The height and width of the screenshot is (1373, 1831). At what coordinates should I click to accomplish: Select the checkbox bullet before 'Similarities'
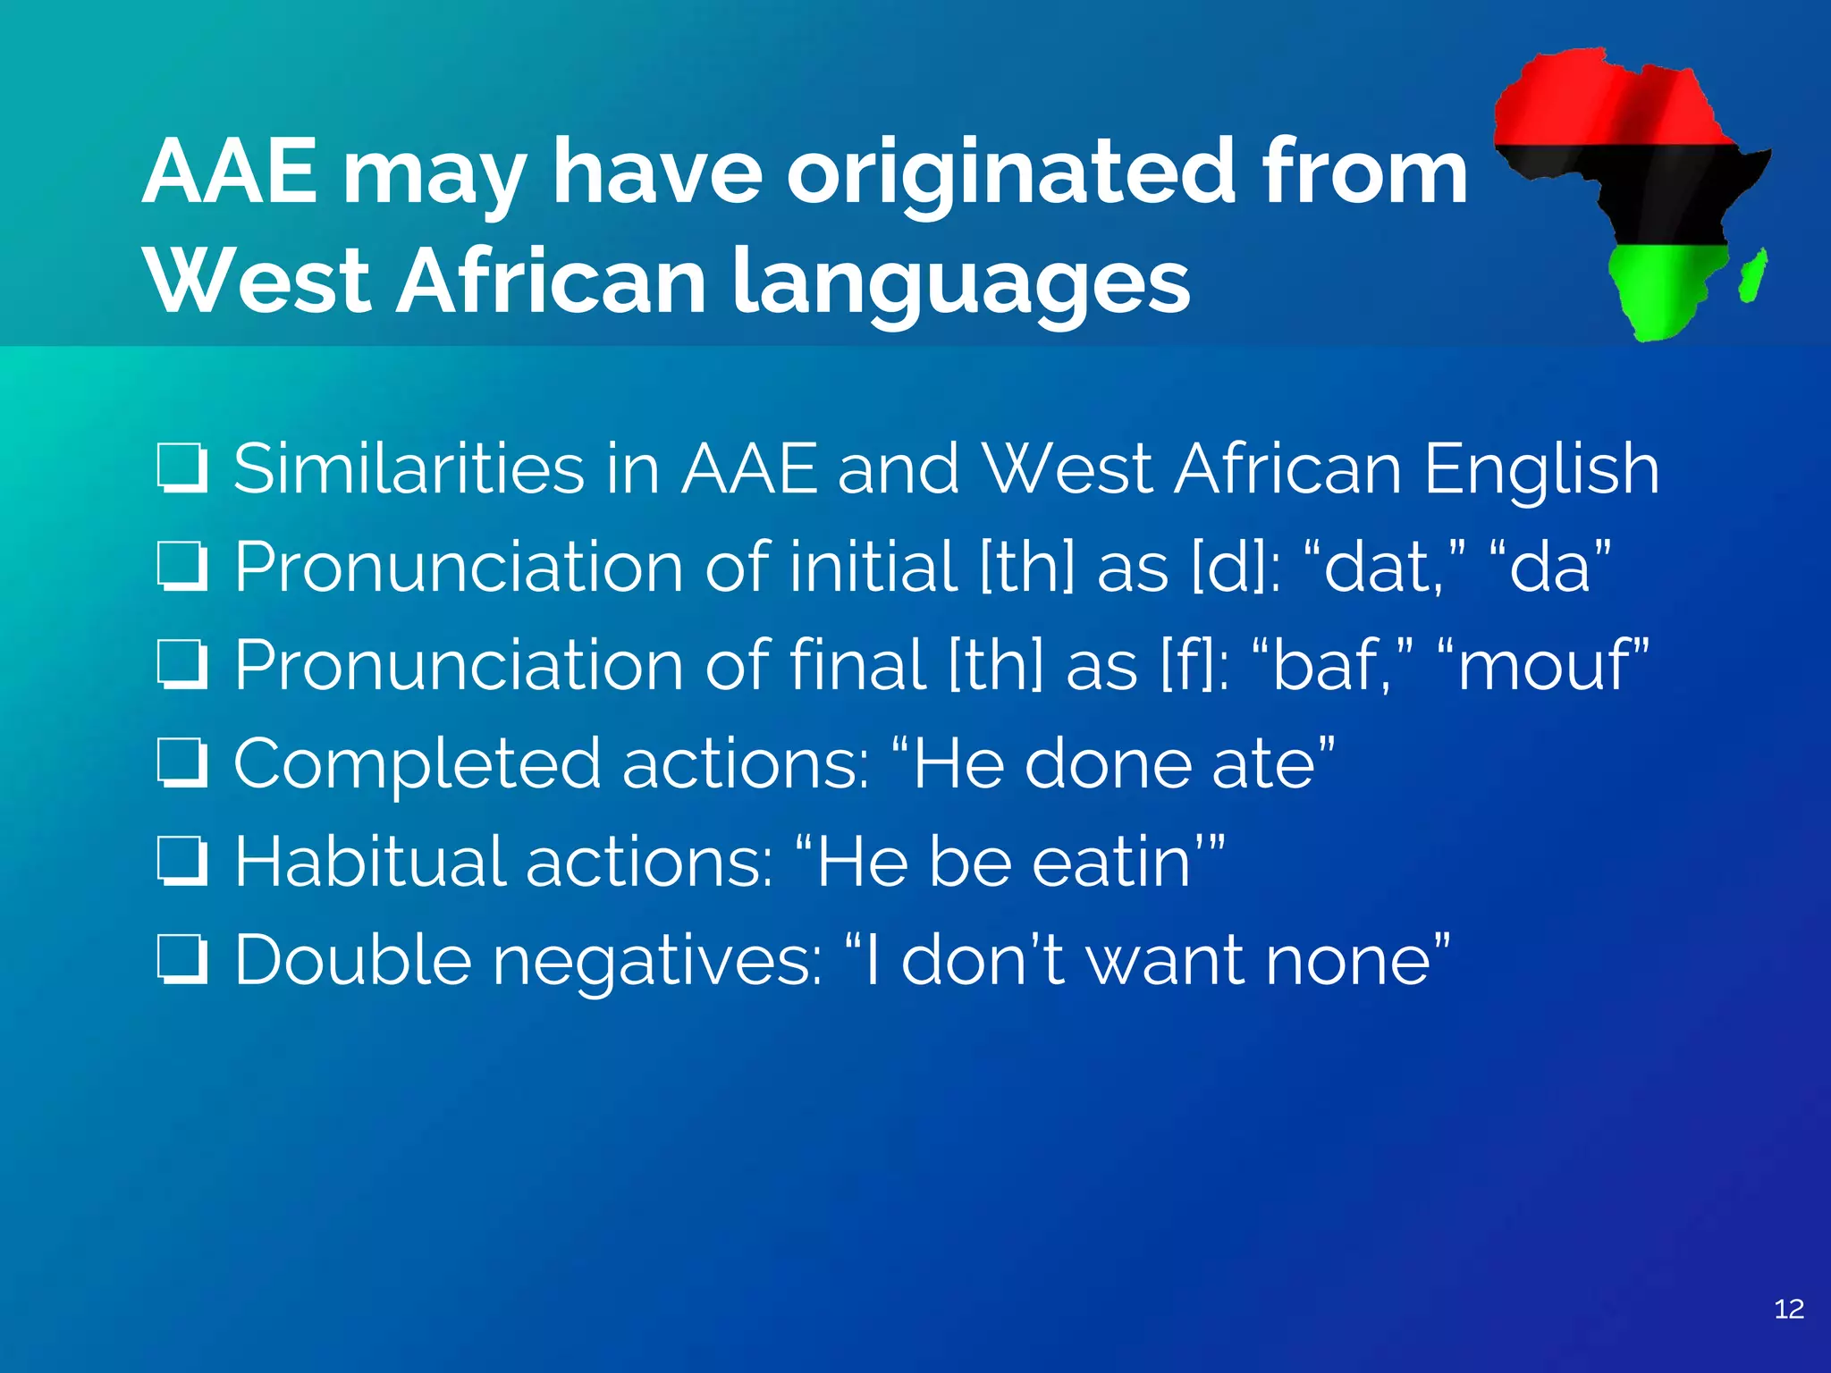(x=183, y=469)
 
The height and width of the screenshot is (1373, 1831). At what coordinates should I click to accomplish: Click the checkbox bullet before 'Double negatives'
(x=183, y=962)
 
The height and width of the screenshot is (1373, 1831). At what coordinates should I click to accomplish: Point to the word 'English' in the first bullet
(x=1541, y=470)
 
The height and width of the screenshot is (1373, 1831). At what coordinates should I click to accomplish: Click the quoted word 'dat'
(x=1380, y=568)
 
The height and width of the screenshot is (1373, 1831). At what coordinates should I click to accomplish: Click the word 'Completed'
(x=417, y=765)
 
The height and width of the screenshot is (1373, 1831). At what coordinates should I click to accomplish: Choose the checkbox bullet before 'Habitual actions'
(x=183, y=863)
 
